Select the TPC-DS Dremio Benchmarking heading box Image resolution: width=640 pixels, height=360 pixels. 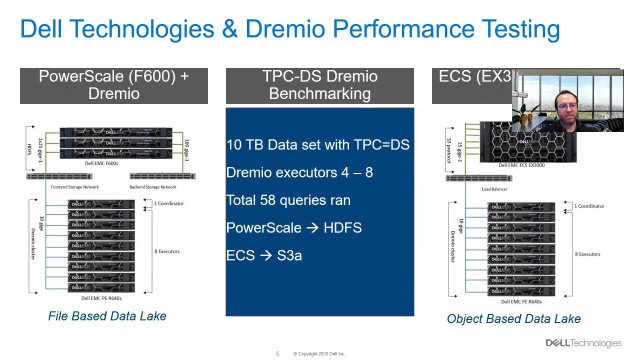tap(319, 85)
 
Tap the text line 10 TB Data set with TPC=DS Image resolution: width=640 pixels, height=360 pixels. tap(318, 145)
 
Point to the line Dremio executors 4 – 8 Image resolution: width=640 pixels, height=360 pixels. tap(286, 173)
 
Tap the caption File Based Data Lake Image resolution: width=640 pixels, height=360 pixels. tap(107, 317)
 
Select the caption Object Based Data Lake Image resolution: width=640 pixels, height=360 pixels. tap(513, 319)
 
